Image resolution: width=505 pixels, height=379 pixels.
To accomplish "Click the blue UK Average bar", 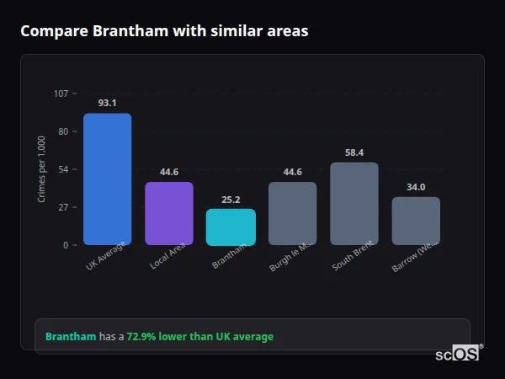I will pos(107,179).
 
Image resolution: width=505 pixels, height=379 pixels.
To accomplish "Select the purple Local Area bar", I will pos(169,214).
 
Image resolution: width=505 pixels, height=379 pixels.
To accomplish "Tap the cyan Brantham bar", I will pos(231,227).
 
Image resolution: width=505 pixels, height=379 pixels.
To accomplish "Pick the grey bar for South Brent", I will pos(354,204).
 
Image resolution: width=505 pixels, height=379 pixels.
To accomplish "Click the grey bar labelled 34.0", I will pos(416,222).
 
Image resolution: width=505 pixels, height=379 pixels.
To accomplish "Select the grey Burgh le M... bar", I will pos(293,214).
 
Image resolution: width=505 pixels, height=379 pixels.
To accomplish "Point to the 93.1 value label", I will pos(107,103).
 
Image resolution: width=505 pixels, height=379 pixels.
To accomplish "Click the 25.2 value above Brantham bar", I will pos(231,200).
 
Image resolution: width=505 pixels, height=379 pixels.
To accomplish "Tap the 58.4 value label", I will pos(354,152).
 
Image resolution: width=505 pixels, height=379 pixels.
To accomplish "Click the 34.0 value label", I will pos(416,187).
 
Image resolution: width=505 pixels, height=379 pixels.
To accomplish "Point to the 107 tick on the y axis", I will pos(61,93).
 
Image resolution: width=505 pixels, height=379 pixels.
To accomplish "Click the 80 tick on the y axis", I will pos(63,131).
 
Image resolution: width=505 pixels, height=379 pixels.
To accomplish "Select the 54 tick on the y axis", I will pos(63,169).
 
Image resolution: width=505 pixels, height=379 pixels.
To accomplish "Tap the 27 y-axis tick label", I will pos(63,207).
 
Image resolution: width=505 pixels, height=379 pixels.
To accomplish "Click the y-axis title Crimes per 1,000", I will pos(42,169).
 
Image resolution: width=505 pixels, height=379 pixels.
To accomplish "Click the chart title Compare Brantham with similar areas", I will pos(164,31).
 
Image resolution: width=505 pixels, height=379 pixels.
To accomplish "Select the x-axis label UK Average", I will pos(106,257).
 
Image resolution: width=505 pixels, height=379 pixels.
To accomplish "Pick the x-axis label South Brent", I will pos(353,257).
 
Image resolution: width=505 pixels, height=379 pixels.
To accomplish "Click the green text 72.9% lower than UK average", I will pos(200,337).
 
